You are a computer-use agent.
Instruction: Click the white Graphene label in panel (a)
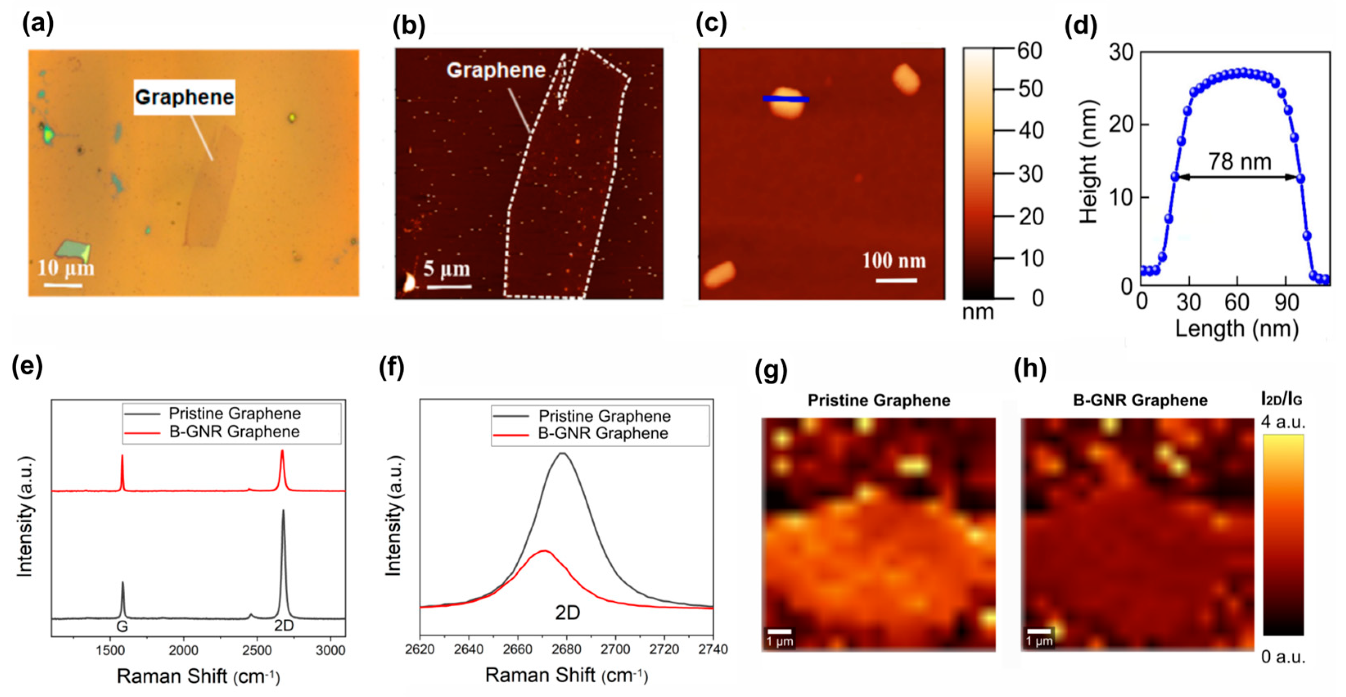(184, 97)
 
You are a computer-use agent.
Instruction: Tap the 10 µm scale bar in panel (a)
(63, 285)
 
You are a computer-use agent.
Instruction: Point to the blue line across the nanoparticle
(785, 99)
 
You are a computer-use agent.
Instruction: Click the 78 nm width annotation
(1240, 162)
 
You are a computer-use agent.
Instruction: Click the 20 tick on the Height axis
(1121, 125)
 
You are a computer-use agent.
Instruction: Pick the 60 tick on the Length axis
(1236, 303)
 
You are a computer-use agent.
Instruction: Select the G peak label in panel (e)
(122, 626)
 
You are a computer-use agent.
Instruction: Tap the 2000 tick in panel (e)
(183, 650)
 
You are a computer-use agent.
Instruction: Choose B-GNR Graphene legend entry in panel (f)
(603, 433)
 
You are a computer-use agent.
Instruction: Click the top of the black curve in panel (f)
(562, 453)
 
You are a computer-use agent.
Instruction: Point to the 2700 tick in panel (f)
(615, 649)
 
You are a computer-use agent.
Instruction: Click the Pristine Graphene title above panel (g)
(879, 401)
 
